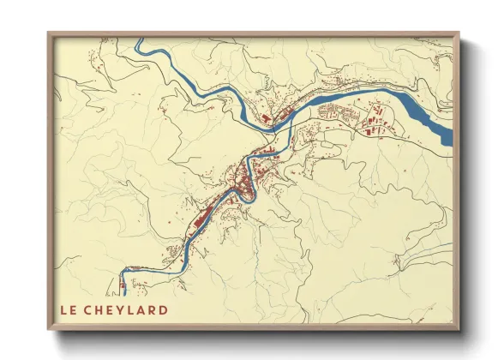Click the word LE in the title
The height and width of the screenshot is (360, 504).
click(x=68, y=309)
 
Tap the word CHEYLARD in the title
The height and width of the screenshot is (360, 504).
click(x=128, y=309)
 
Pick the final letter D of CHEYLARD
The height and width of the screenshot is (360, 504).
click(x=163, y=309)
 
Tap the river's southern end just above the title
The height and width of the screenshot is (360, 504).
click(x=123, y=291)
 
